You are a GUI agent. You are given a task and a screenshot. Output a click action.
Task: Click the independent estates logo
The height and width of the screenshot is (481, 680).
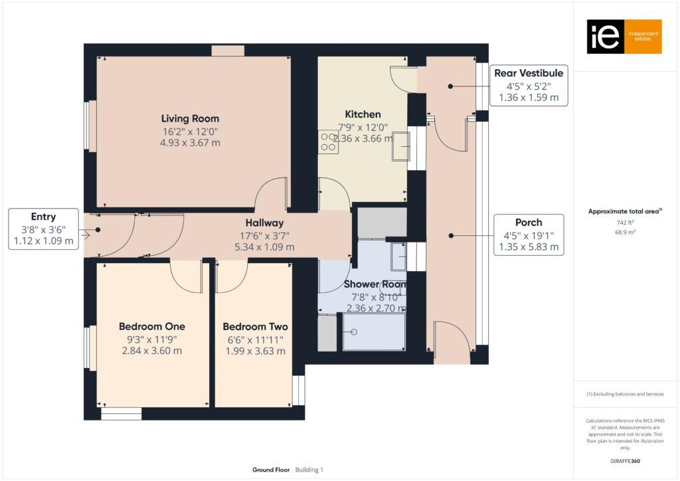[624, 37]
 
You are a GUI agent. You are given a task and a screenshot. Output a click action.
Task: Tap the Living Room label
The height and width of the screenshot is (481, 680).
[190, 119]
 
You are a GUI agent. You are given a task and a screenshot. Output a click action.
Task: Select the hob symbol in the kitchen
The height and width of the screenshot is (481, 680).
[328, 142]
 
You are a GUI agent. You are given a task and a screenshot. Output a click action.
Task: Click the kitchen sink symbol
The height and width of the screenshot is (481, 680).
[402, 146]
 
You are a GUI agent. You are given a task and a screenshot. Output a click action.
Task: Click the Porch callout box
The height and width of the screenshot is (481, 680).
[529, 235]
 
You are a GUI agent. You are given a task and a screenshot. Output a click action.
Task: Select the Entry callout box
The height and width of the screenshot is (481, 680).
[43, 229]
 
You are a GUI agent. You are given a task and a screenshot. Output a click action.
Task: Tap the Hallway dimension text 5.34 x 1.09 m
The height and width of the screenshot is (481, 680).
[264, 247]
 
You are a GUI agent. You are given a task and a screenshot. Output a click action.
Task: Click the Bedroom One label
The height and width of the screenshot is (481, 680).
[152, 327]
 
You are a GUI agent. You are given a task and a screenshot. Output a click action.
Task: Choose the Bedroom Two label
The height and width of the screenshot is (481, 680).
[255, 327]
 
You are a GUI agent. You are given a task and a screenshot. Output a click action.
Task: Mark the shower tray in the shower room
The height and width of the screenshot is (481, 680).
[374, 332]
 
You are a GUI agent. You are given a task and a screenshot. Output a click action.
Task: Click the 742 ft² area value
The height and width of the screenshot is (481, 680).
[624, 223]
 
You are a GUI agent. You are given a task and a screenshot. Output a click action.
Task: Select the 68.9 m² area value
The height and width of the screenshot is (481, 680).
[624, 233]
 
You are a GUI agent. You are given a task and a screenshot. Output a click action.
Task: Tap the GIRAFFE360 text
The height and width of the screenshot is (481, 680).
[625, 460]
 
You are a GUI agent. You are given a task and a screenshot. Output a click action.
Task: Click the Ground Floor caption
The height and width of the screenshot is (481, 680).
[271, 470]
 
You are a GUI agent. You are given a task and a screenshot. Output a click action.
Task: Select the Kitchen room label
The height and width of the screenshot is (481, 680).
[363, 114]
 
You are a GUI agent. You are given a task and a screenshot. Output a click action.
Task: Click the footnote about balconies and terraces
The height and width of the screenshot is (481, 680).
[625, 394]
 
